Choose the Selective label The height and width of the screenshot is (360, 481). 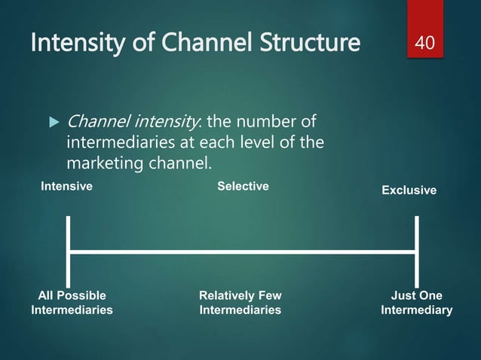coord(243,185)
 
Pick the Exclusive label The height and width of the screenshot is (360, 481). coord(409,190)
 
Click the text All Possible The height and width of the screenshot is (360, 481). coord(72,295)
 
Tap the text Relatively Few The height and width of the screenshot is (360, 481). coord(240,295)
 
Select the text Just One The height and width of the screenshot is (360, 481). coord(417,295)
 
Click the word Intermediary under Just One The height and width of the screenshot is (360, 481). coord(417,310)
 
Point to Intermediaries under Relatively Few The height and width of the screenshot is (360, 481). coord(240,310)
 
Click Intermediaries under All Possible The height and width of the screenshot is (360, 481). coord(72,310)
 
